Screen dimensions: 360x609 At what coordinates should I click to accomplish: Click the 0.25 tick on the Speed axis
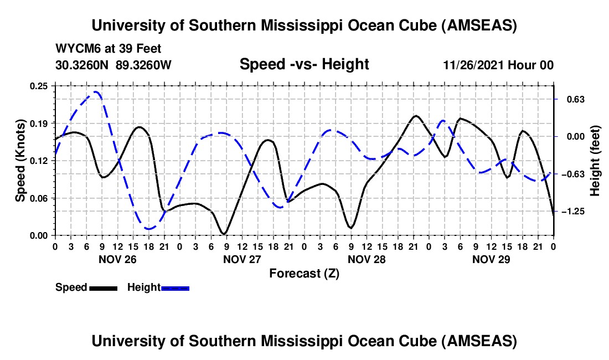coord(40,86)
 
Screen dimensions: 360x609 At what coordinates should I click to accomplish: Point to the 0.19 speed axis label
coord(40,123)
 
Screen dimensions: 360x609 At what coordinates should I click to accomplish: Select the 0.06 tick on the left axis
coord(40,198)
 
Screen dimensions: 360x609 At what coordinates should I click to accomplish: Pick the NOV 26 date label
coord(117,259)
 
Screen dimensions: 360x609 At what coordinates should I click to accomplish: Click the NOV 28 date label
coord(367,259)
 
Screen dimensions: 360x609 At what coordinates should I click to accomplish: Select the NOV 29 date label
coord(491,259)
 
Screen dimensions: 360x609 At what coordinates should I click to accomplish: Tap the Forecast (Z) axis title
coord(304,273)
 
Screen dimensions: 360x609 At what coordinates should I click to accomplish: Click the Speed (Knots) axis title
coord(20,161)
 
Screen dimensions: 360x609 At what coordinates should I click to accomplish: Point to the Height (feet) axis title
coord(596,161)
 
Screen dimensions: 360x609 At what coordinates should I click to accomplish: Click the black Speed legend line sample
coord(104,287)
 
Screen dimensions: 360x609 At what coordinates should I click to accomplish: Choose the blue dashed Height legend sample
coord(176,287)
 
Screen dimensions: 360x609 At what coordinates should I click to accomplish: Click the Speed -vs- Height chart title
coord(304,65)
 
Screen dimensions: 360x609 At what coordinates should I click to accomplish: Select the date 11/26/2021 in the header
coord(472,65)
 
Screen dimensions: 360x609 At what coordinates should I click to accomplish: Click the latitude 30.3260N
coord(83,65)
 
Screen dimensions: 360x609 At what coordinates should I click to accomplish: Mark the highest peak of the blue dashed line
coord(96,92)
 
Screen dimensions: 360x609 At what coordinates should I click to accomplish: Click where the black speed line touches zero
coord(223,234)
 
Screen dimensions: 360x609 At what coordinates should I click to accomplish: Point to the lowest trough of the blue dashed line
coord(148,228)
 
